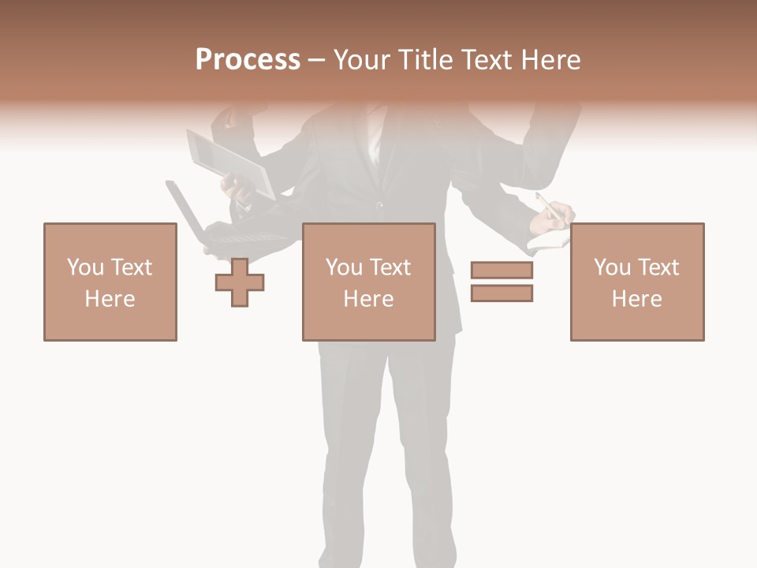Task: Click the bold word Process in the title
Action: [248, 60]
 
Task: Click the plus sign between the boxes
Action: [240, 282]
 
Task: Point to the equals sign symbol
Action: [502, 282]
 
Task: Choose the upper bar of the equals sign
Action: [502, 271]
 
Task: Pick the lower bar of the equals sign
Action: [502, 293]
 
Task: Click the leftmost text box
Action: [110, 282]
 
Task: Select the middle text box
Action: [368, 282]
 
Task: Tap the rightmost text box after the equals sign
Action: [636, 282]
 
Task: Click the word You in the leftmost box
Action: [85, 267]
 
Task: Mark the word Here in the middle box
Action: [368, 299]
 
